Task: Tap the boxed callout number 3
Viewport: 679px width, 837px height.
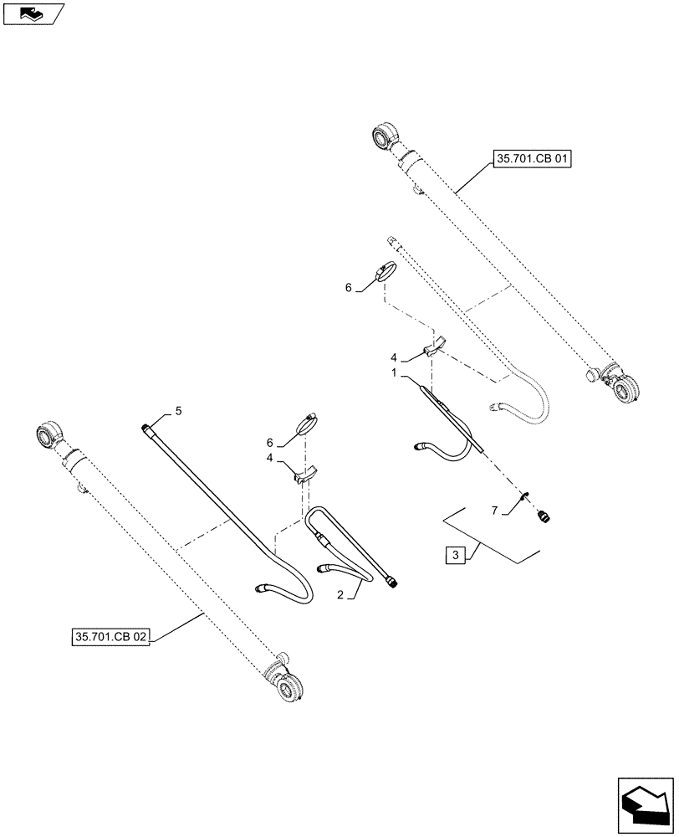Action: [x=454, y=555]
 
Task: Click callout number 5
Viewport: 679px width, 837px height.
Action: [x=177, y=411]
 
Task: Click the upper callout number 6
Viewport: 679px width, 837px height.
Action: [x=348, y=287]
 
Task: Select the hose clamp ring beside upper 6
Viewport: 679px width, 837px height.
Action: [x=387, y=273]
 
